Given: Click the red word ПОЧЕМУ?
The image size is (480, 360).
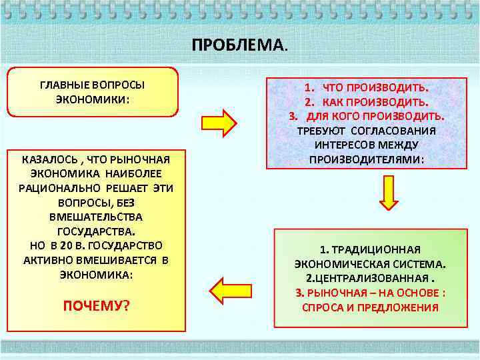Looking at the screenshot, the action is point(96,306).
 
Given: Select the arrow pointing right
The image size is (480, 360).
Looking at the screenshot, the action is point(219,123).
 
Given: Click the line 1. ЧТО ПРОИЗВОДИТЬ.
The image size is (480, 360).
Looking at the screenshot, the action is point(367,87).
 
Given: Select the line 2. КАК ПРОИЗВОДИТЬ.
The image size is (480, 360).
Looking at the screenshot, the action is point(367,102).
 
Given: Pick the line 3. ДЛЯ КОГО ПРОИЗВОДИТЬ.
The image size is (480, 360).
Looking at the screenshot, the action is point(367,116).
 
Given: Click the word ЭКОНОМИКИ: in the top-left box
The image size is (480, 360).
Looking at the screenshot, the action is point(93,99).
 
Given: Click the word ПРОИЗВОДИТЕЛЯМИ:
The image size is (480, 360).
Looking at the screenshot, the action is point(367,159).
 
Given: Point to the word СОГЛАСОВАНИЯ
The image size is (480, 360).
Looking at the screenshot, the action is point(393,131).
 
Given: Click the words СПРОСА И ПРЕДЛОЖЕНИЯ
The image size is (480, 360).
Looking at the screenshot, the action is point(370,307).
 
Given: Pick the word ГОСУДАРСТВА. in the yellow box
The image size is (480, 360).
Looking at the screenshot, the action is point(96,231).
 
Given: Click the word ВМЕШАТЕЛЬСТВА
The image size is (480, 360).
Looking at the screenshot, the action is point(96,217).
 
